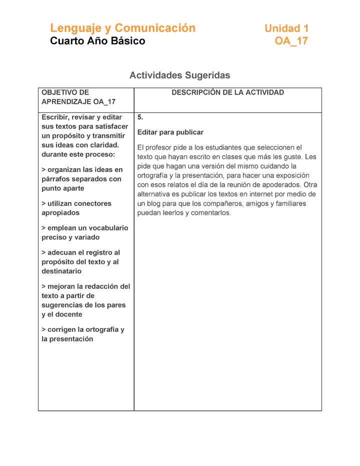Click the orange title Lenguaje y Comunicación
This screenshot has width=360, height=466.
point(122,28)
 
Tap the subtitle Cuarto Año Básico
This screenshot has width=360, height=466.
point(97,41)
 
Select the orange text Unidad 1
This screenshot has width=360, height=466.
point(286,28)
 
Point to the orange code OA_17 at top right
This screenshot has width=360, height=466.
point(291,41)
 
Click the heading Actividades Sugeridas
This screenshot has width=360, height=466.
point(179,75)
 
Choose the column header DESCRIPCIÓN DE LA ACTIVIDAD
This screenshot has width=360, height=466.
point(227,92)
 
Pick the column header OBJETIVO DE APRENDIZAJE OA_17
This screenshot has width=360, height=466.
point(78,97)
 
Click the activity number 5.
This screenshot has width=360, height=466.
point(140,117)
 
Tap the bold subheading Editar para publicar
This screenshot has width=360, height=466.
point(170,132)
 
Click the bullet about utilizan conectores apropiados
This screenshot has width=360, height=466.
point(76,208)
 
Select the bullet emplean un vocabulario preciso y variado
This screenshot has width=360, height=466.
point(84,232)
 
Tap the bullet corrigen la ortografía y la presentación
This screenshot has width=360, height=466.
point(82,334)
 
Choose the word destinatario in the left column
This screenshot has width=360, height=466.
point(61,271)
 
